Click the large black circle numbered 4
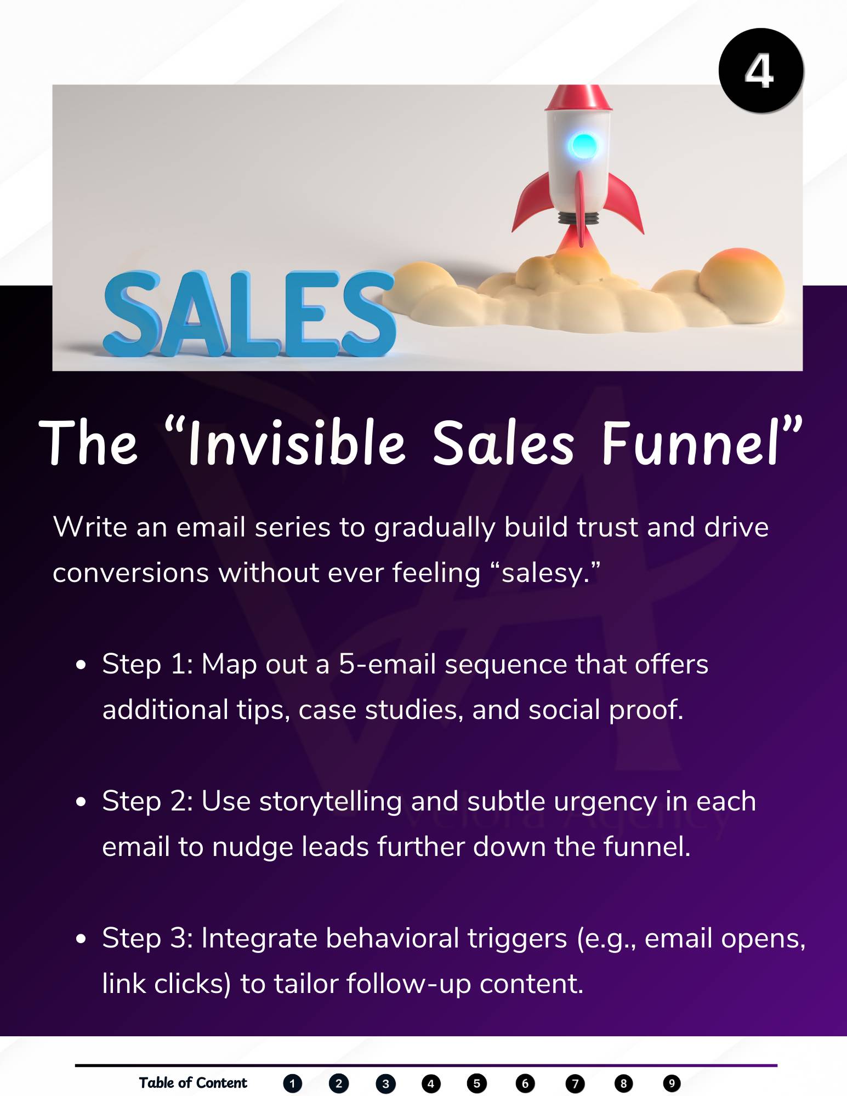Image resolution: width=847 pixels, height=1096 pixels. [761, 71]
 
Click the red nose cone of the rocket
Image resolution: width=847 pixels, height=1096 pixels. [578, 98]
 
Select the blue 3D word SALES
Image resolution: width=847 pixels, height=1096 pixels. [249, 313]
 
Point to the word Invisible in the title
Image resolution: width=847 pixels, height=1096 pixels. [297, 443]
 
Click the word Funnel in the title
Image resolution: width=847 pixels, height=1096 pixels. [691, 443]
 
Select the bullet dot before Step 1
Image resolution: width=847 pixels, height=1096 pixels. [82, 665]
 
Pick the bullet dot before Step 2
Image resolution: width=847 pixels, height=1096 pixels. [82, 802]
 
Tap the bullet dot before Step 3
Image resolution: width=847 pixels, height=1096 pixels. [82, 939]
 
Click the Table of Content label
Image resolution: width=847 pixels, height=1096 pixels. [193, 1083]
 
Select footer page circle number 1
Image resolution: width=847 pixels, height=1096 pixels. [293, 1083]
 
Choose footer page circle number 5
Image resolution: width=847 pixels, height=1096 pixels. [477, 1083]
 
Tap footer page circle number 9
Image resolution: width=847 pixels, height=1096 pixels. [672, 1083]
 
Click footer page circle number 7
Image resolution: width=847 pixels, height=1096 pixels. [575, 1083]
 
